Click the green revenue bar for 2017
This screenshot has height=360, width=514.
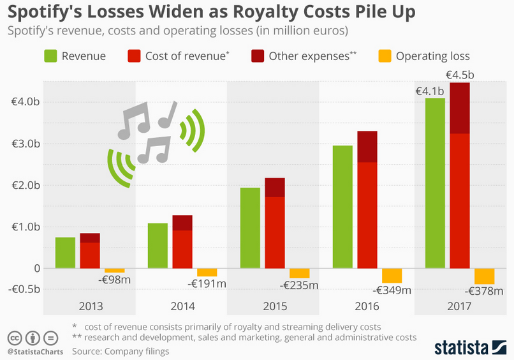coord(434,183)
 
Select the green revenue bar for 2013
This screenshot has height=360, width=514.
coord(65,253)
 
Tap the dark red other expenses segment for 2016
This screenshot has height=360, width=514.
coord(367,147)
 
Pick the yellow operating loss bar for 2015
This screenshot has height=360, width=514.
coord(299,273)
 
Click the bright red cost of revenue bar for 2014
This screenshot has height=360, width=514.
coord(182,250)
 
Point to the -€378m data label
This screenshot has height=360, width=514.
coord(487,291)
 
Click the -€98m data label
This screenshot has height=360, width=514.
coord(119,279)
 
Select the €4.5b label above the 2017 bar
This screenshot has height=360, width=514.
coord(460,75)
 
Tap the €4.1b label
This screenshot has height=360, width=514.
coord(430,91)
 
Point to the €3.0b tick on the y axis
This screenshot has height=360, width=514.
coord(26,144)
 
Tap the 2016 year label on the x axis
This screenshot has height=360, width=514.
coord(367,306)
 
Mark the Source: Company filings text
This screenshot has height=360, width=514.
coord(122,350)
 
